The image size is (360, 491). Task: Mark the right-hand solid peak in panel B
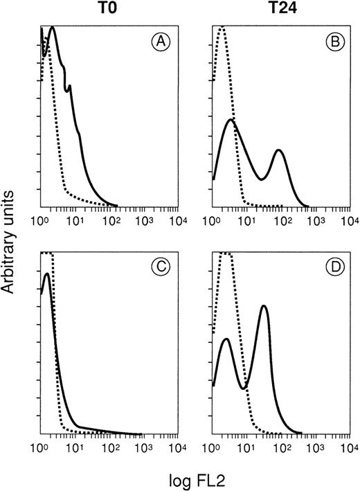pos(279,150)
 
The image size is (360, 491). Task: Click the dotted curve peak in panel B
pos(222,28)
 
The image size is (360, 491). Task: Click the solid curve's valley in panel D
pos(244,388)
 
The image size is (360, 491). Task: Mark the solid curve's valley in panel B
pos(261,179)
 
